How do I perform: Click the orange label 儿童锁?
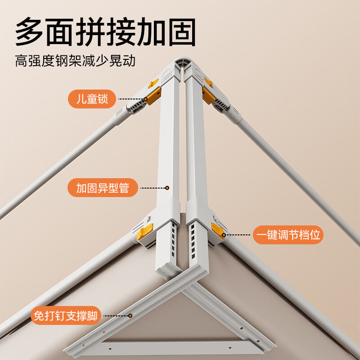92,99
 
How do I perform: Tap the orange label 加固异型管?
103,188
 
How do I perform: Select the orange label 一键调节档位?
288,234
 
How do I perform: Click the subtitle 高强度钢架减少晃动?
75,61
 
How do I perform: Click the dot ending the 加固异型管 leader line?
167,188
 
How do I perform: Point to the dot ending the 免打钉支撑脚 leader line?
130,316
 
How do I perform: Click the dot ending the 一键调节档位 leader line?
224,235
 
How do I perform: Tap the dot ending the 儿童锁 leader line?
146,99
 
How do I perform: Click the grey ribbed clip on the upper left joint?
135,106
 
